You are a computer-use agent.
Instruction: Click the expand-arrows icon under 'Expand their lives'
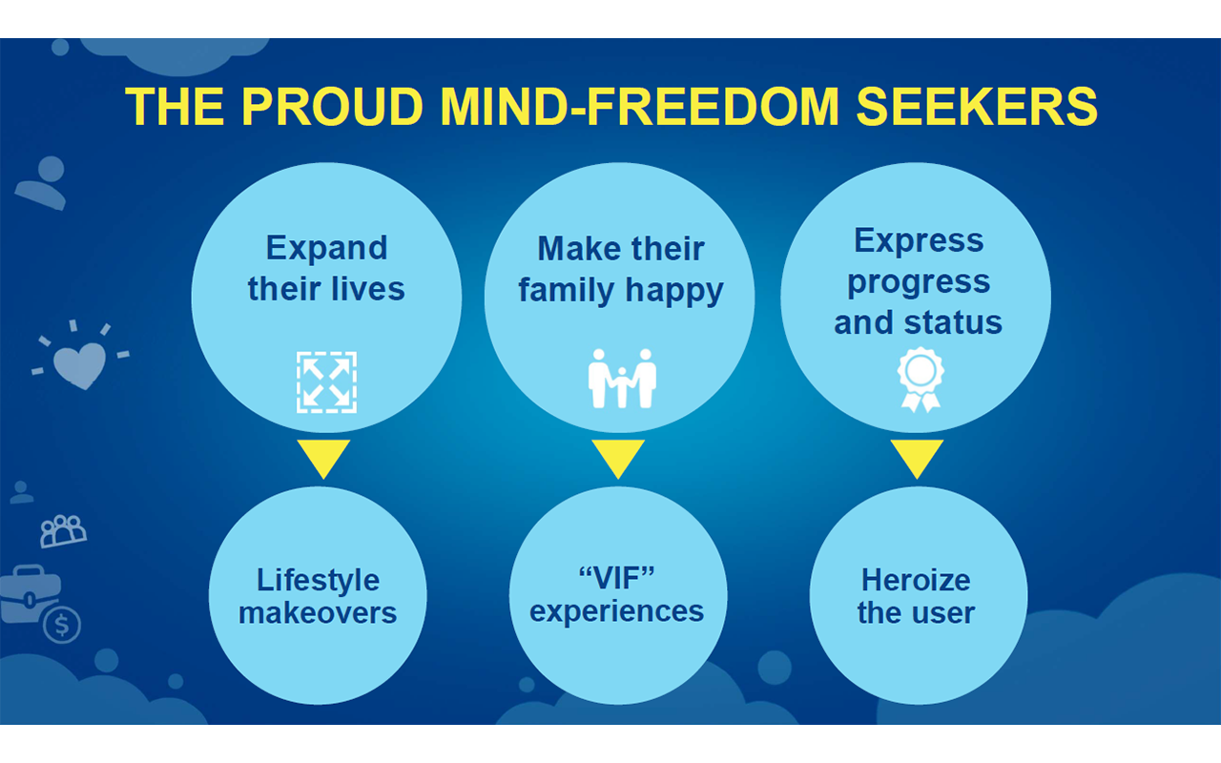[326, 382]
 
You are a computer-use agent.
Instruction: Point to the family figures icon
[622, 379]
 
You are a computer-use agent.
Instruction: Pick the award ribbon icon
[921, 380]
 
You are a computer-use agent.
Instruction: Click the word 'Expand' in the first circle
[326, 249]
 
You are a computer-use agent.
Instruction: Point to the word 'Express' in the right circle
[919, 241]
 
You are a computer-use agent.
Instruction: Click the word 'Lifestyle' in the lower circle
[319, 581]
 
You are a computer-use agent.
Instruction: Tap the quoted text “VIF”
[616, 578]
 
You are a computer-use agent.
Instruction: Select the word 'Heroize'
[916, 580]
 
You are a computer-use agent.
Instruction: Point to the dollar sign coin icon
[62, 625]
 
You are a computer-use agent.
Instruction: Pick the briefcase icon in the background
[29, 594]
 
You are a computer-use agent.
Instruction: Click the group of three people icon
[63, 531]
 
